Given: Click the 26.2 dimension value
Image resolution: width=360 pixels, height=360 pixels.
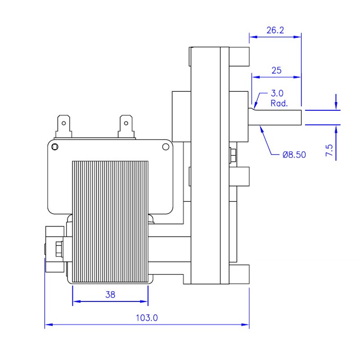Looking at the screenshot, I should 275,30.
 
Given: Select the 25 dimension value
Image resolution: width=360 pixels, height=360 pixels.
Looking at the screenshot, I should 276,70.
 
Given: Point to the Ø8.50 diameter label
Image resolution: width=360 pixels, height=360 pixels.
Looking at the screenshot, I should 294,154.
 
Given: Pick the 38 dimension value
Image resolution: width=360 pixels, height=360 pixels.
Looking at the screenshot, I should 110,295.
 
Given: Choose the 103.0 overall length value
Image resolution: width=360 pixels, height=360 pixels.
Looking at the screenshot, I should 147,318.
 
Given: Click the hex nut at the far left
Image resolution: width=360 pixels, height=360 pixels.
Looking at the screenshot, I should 58,248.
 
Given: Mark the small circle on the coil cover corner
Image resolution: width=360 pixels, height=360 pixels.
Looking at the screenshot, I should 55,147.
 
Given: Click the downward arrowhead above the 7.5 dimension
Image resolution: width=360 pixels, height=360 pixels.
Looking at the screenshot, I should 336,107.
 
